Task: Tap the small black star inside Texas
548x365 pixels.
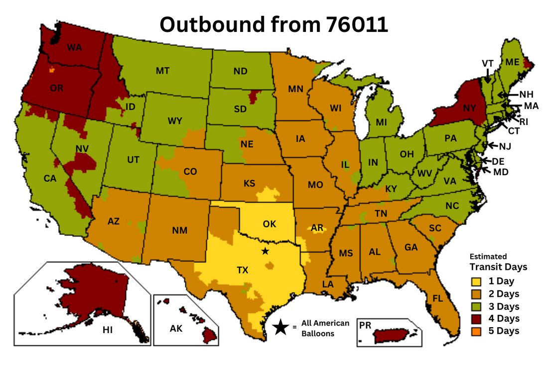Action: click(265, 251)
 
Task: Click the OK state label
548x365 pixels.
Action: click(269, 224)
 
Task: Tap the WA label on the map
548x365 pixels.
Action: click(74, 48)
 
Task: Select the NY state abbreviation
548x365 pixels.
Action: click(470, 108)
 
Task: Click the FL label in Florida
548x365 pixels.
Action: click(437, 299)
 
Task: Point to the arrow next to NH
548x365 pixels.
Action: click(507, 95)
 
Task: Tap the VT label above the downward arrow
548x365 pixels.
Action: click(487, 63)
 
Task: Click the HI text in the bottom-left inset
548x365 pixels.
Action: click(107, 330)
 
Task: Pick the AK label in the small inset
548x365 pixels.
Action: click(176, 329)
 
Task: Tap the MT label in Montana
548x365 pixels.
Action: click(163, 71)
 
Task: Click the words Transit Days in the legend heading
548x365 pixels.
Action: click(498, 266)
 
